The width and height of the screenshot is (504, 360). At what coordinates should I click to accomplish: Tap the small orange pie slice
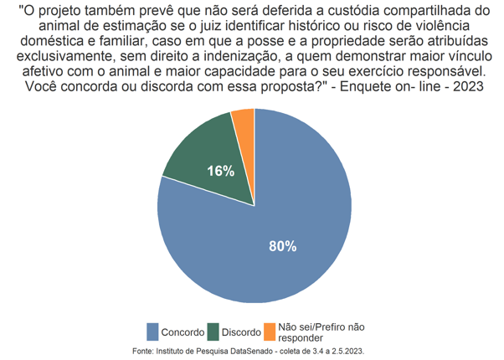click(x=244, y=126)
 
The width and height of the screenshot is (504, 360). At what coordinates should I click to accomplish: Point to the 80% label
click(x=282, y=245)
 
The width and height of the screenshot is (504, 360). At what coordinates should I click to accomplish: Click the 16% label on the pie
click(x=220, y=171)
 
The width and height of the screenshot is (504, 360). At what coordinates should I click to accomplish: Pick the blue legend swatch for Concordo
click(x=152, y=332)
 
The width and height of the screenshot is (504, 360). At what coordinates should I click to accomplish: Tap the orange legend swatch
click(x=269, y=332)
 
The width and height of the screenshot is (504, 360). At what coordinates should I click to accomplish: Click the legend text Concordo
click(x=183, y=332)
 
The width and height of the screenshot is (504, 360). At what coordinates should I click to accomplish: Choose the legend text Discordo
click(x=242, y=332)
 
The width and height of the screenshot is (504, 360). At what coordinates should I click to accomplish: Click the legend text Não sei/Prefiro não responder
click(x=321, y=332)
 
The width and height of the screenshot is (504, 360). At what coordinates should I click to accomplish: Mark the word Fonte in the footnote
click(x=145, y=352)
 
